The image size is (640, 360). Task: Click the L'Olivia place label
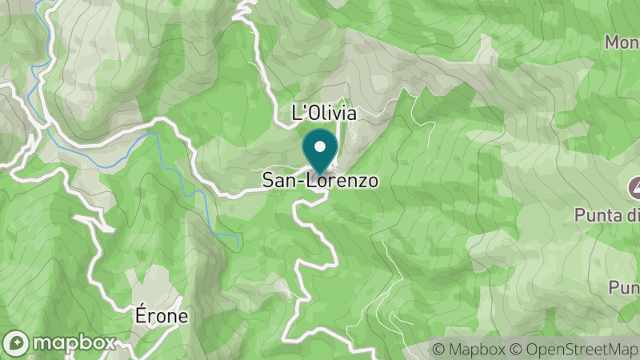pyautogui.click(x=324, y=113)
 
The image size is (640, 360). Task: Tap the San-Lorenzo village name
pyautogui.click(x=320, y=182)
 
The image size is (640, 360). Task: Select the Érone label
pyautogui.click(x=161, y=315)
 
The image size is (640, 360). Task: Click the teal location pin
pyautogui.click(x=320, y=152)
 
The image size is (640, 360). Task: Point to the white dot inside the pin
pyautogui.click(x=320, y=146)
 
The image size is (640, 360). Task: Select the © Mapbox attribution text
pyautogui.click(x=469, y=349)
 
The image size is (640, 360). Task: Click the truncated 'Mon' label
pyautogui.click(x=622, y=41)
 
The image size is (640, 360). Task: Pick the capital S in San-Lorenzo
pyautogui.click(x=269, y=182)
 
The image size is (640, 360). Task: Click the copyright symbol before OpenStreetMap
pyautogui.click(x=516, y=349)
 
